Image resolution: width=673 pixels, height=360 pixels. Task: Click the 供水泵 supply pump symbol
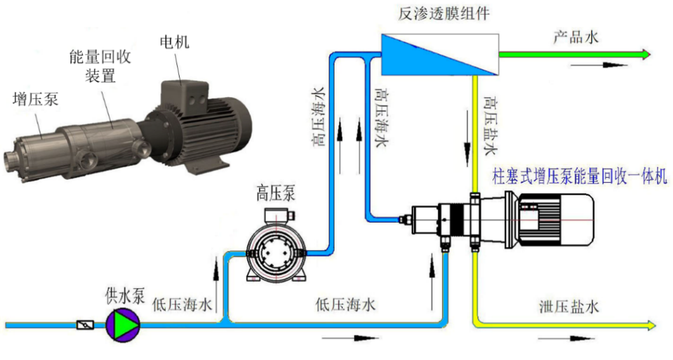click(123, 325)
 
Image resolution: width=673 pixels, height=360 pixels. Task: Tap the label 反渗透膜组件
click(443, 13)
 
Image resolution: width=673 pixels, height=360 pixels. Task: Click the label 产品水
click(575, 37)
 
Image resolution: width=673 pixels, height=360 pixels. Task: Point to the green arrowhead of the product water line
click(646, 55)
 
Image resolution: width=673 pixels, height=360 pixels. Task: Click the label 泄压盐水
click(569, 307)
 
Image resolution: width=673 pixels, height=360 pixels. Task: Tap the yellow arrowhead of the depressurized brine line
click(651, 326)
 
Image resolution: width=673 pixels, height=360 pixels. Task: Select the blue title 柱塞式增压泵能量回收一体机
click(580, 177)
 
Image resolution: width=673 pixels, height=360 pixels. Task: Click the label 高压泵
click(276, 193)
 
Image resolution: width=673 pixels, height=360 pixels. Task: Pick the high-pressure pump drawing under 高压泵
click(276, 246)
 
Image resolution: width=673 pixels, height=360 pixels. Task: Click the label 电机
click(174, 42)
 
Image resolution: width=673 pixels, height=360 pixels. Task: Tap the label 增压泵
click(36, 99)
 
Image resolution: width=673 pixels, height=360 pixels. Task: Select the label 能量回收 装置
click(100, 66)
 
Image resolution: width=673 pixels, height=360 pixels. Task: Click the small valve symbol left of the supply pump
click(85, 325)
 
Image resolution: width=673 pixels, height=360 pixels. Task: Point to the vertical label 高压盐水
click(491, 125)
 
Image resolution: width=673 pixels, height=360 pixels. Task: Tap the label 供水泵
click(125, 296)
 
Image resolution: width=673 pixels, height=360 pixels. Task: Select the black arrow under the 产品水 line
click(599, 65)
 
